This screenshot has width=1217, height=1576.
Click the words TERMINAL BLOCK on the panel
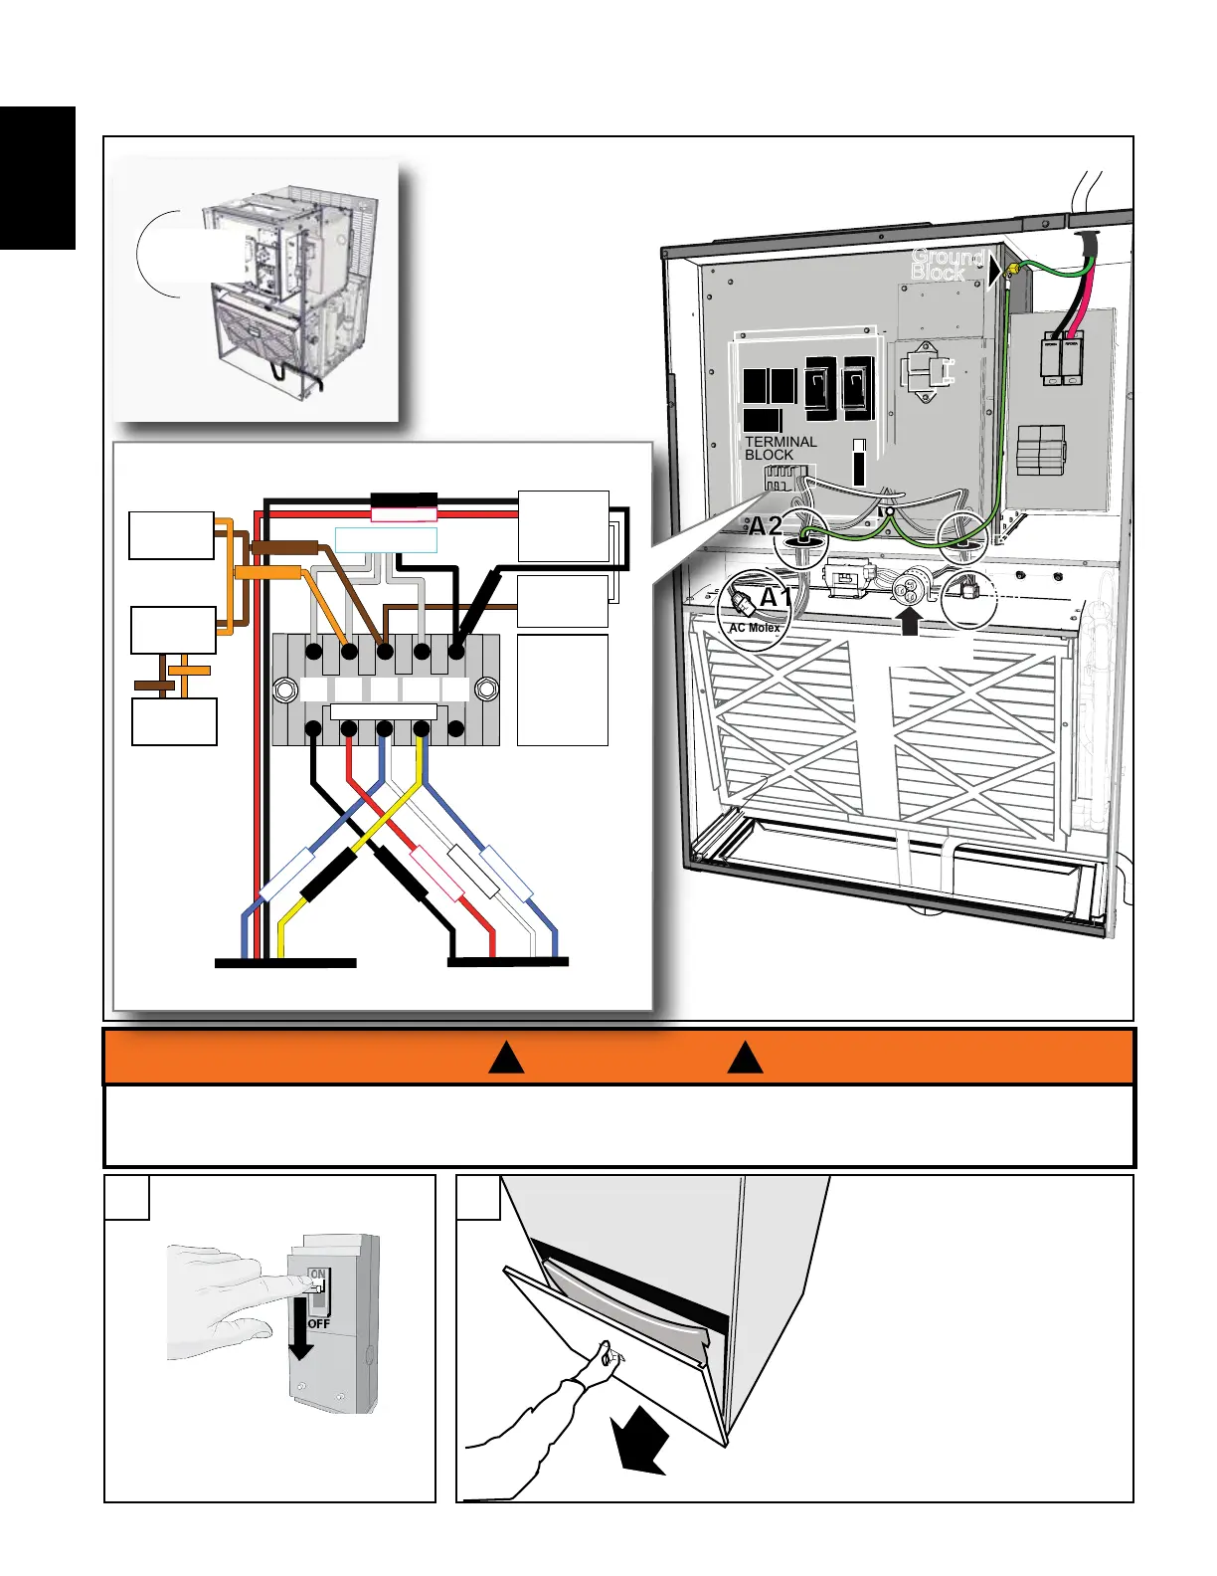(x=781, y=448)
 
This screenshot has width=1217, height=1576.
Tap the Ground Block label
(x=946, y=265)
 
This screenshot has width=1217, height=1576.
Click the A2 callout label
(x=766, y=525)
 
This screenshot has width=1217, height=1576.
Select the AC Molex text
(x=755, y=628)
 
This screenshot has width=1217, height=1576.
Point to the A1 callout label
(x=777, y=598)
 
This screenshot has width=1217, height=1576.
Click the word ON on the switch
(x=317, y=1274)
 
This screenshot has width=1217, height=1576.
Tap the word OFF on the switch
(x=318, y=1324)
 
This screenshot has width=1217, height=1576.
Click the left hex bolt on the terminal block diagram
(x=284, y=689)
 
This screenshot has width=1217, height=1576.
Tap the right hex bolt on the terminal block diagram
(x=486, y=689)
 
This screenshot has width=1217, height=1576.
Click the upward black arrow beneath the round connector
(x=909, y=622)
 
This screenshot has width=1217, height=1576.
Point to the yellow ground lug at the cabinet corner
(x=1012, y=270)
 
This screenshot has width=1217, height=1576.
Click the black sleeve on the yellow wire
(x=328, y=876)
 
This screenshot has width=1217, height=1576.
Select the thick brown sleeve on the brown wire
(x=284, y=547)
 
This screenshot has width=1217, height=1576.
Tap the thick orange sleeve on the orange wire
(x=268, y=572)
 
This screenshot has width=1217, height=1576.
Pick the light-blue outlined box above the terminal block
(x=386, y=540)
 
